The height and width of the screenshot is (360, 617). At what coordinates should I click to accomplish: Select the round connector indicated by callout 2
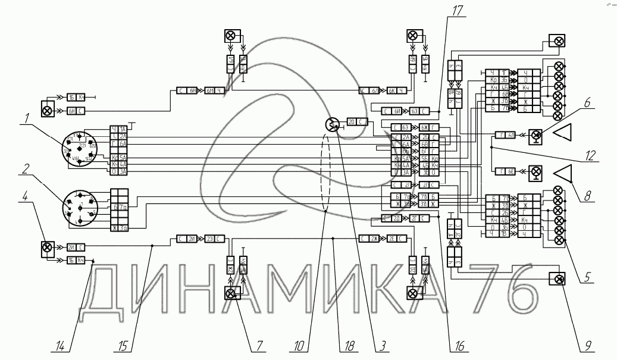click(x=79, y=207)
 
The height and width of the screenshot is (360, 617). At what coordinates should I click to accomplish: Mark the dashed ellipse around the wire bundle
click(x=325, y=173)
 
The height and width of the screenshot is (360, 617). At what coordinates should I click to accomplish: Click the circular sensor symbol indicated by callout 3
click(x=331, y=124)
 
